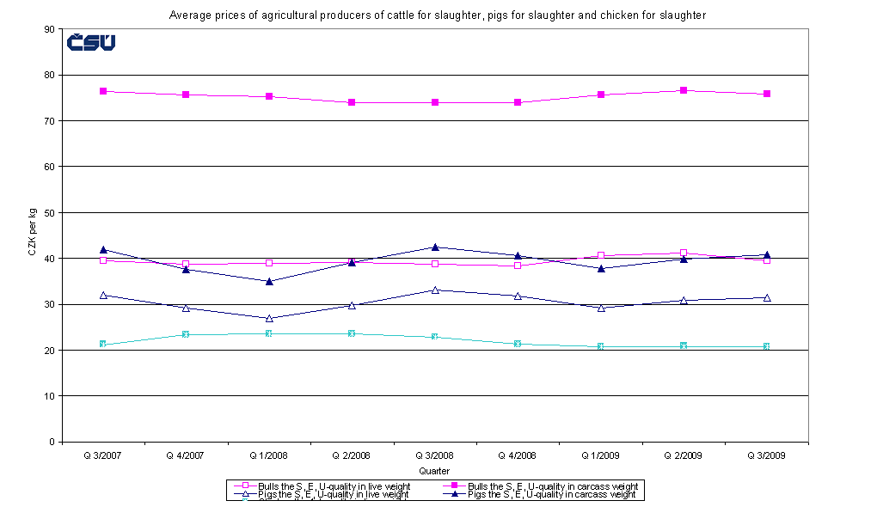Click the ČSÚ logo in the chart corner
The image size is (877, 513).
click(x=91, y=42)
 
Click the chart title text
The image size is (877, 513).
click(x=438, y=15)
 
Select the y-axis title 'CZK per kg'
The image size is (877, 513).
click(x=32, y=235)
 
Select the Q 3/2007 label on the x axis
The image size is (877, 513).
click(x=102, y=455)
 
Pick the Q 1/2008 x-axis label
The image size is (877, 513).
click(x=268, y=455)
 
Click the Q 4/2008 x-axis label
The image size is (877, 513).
click(x=518, y=455)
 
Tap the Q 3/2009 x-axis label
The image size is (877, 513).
click(x=767, y=455)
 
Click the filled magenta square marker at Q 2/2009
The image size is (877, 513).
click(x=684, y=90)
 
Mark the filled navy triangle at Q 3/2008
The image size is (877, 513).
click(x=434, y=247)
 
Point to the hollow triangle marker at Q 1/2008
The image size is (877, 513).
click(x=268, y=318)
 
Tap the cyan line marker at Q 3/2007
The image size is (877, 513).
click(x=102, y=345)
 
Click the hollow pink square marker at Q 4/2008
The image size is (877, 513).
click(x=518, y=266)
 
